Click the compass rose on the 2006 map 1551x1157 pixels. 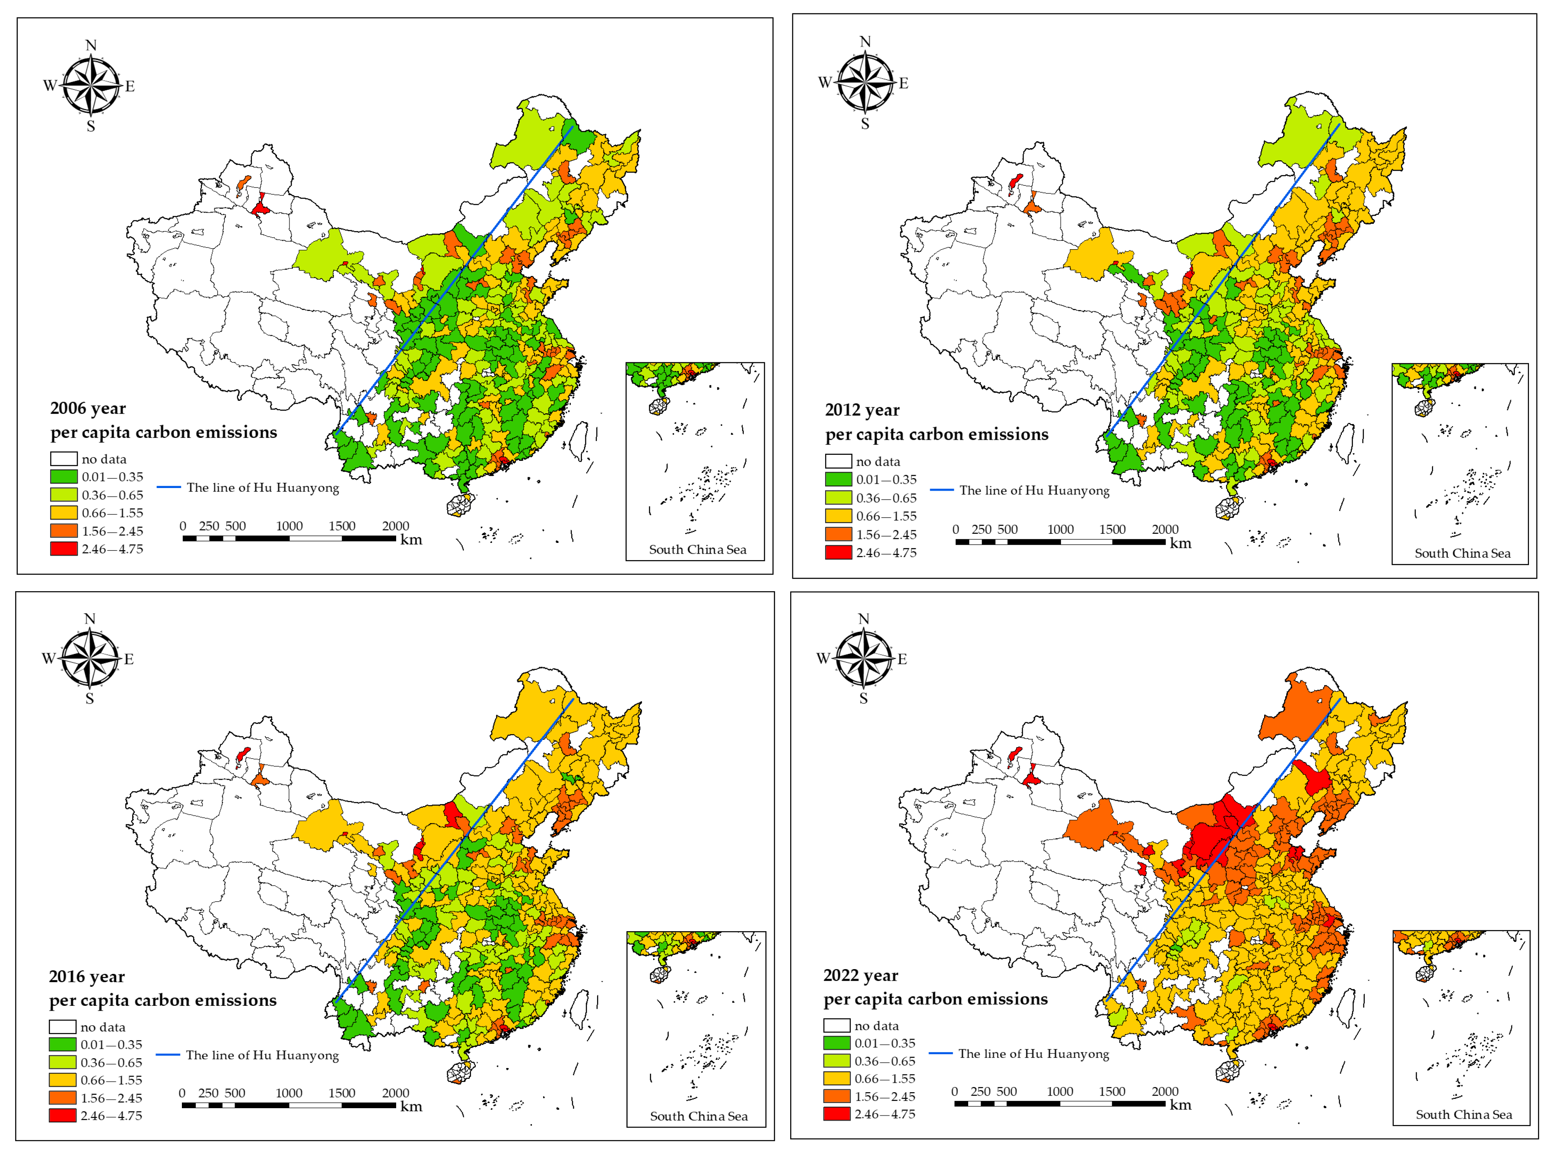(x=91, y=86)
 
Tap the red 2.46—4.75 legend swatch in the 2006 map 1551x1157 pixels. (x=64, y=549)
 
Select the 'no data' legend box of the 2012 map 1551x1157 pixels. (x=839, y=462)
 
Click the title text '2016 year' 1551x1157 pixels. (x=87, y=976)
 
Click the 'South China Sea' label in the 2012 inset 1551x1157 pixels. (x=1462, y=553)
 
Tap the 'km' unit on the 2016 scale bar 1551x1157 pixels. (x=411, y=1106)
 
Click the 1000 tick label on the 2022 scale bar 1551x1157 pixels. (x=1059, y=1091)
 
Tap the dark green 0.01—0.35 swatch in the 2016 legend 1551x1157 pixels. (x=62, y=1044)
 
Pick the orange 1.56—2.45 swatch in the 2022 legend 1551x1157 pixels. (x=836, y=1096)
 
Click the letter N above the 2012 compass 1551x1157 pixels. (x=865, y=41)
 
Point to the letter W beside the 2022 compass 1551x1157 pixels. (x=823, y=658)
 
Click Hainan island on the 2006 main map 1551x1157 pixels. (x=460, y=504)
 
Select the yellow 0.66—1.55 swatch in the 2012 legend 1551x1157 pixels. (x=839, y=516)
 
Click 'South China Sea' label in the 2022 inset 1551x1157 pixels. (x=1463, y=1114)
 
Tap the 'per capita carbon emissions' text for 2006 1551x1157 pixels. (x=163, y=432)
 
